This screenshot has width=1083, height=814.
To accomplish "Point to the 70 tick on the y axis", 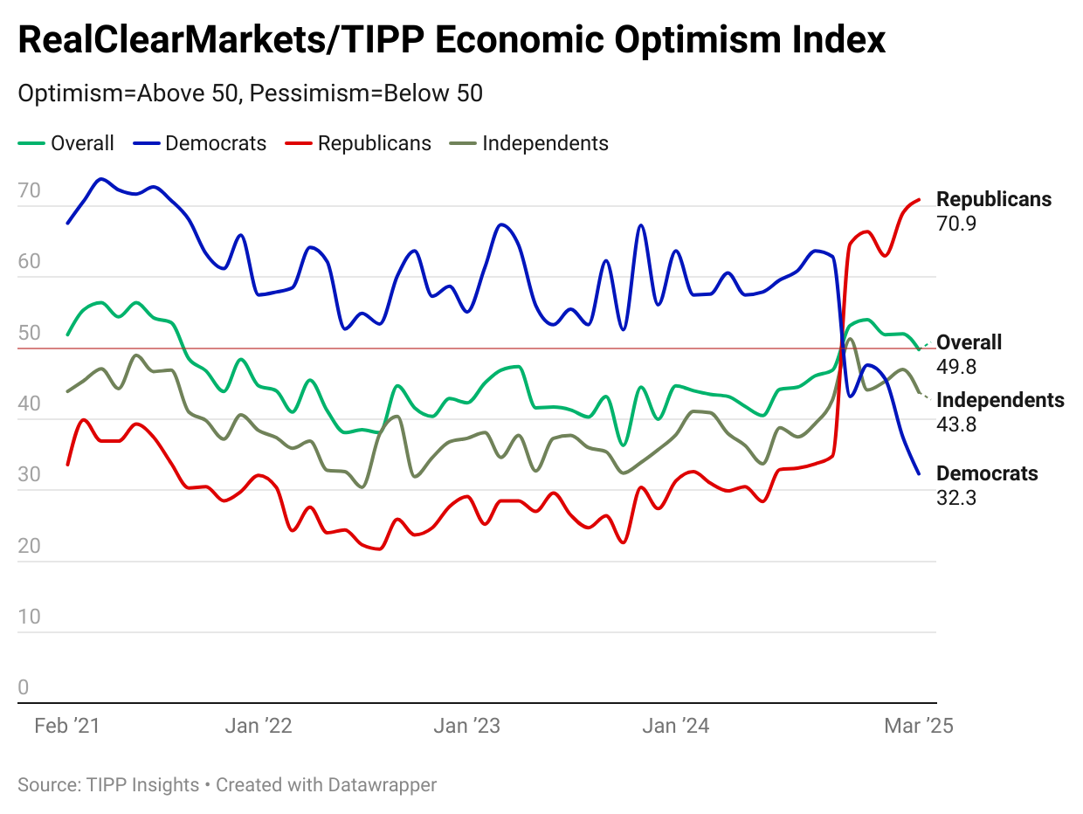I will click(29, 190).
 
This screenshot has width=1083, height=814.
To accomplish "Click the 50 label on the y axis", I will click(29, 333).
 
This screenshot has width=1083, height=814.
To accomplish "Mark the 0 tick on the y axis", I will click(24, 687).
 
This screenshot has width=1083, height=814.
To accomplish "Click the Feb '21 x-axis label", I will click(67, 726).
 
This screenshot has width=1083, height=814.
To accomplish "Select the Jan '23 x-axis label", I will click(468, 726).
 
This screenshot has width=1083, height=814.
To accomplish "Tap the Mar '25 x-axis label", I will click(918, 726).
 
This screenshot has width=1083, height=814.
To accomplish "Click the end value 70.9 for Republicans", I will click(956, 224).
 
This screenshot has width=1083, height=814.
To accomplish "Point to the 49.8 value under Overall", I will click(956, 367).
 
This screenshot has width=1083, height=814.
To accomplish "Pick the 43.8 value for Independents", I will click(956, 424).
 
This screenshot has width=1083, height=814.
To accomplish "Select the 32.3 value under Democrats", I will click(956, 498).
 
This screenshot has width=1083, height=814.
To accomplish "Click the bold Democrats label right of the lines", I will click(987, 473).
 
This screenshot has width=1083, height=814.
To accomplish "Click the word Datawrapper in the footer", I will click(382, 784).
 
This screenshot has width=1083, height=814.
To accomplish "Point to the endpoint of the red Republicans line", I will click(919, 200).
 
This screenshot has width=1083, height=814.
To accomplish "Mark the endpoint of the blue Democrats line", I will click(919, 474).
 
